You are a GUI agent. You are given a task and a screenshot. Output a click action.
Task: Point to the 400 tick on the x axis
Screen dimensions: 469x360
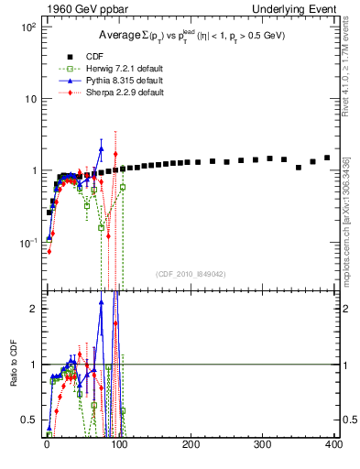pos(334,445)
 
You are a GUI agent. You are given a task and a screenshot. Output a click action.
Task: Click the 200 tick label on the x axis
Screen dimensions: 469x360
pos(191,445)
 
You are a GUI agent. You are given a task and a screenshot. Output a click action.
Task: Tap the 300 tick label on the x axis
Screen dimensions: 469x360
pos(262,445)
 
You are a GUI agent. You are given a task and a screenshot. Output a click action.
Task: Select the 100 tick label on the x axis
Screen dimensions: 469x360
pos(119,445)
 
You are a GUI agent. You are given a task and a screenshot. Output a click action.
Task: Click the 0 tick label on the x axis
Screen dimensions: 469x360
pos(48,445)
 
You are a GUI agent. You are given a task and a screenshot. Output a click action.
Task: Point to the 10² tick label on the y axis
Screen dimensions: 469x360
pos(27,27)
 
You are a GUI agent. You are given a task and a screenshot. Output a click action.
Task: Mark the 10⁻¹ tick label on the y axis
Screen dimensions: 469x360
pos(27,243)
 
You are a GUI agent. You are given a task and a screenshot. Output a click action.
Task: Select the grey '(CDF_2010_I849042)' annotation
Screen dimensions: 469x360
pos(190,273)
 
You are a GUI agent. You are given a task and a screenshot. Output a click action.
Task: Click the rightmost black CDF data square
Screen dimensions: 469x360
pos(327,158)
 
